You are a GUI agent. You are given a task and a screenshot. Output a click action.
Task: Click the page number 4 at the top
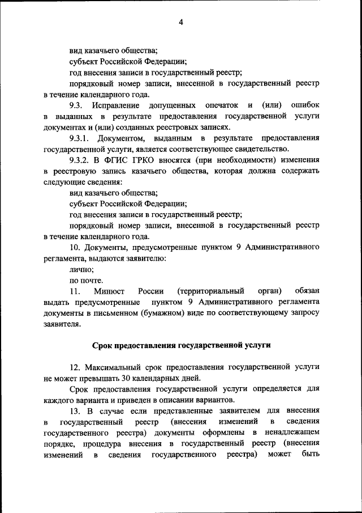pyautogui.click(x=180, y=23)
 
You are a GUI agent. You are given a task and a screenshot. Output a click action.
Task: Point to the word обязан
pyautogui.click(x=304, y=291)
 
